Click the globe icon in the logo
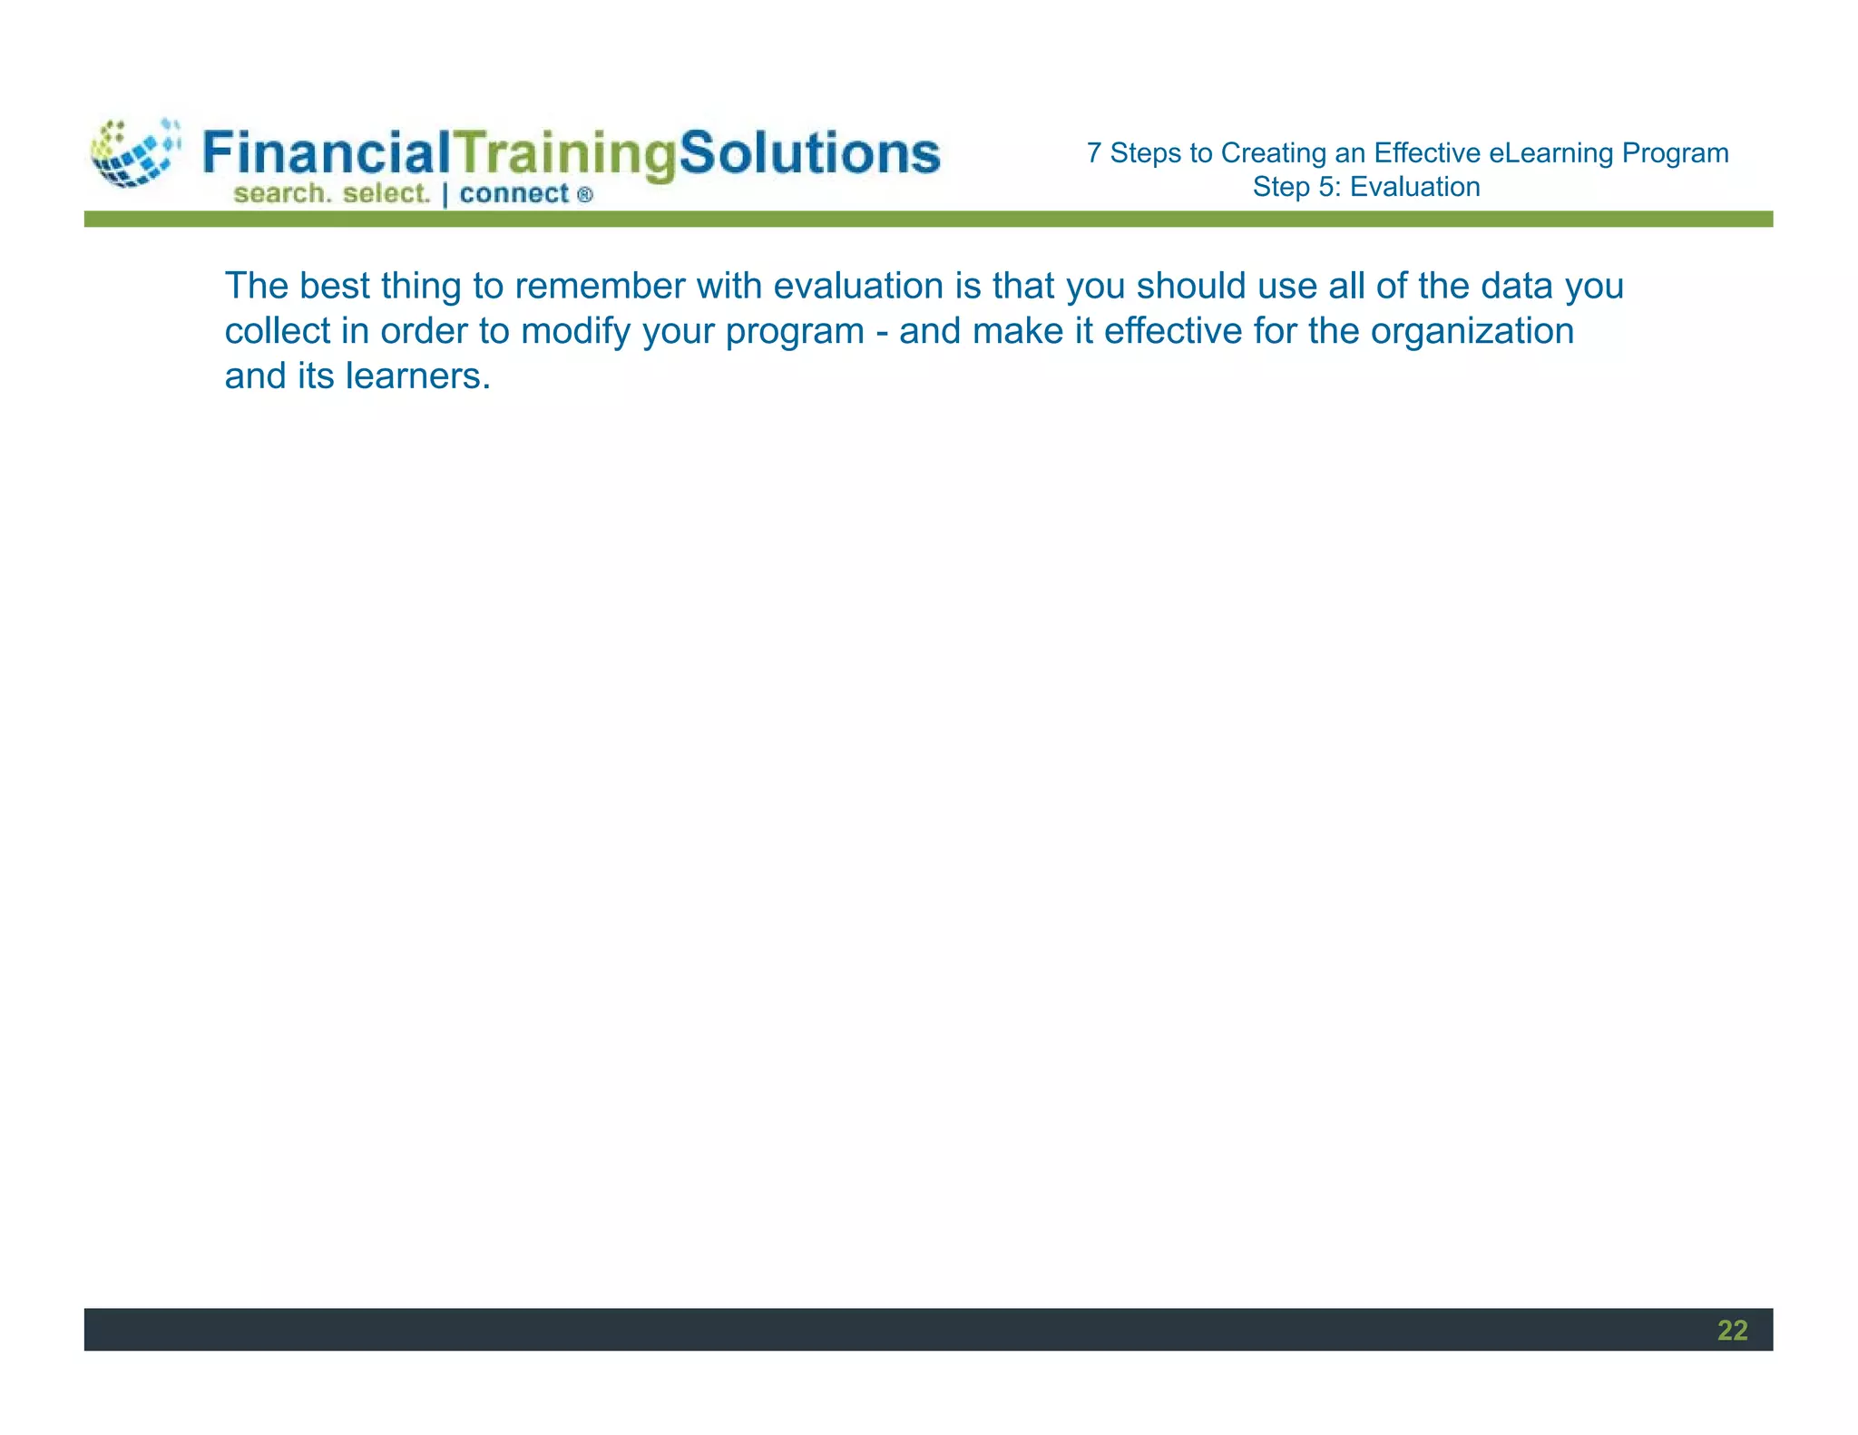[x=134, y=153]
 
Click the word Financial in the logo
[x=326, y=152]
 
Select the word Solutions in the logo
[x=809, y=152]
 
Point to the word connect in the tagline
[x=513, y=193]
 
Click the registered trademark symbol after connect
[x=585, y=194]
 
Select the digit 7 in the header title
[x=1094, y=152]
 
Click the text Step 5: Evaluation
[x=1366, y=187]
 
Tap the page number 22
[x=1732, y=1330]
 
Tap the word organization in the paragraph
[x=1472, y=331]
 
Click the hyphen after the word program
[x=882, y=332]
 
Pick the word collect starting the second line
[x=278, y=331]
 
